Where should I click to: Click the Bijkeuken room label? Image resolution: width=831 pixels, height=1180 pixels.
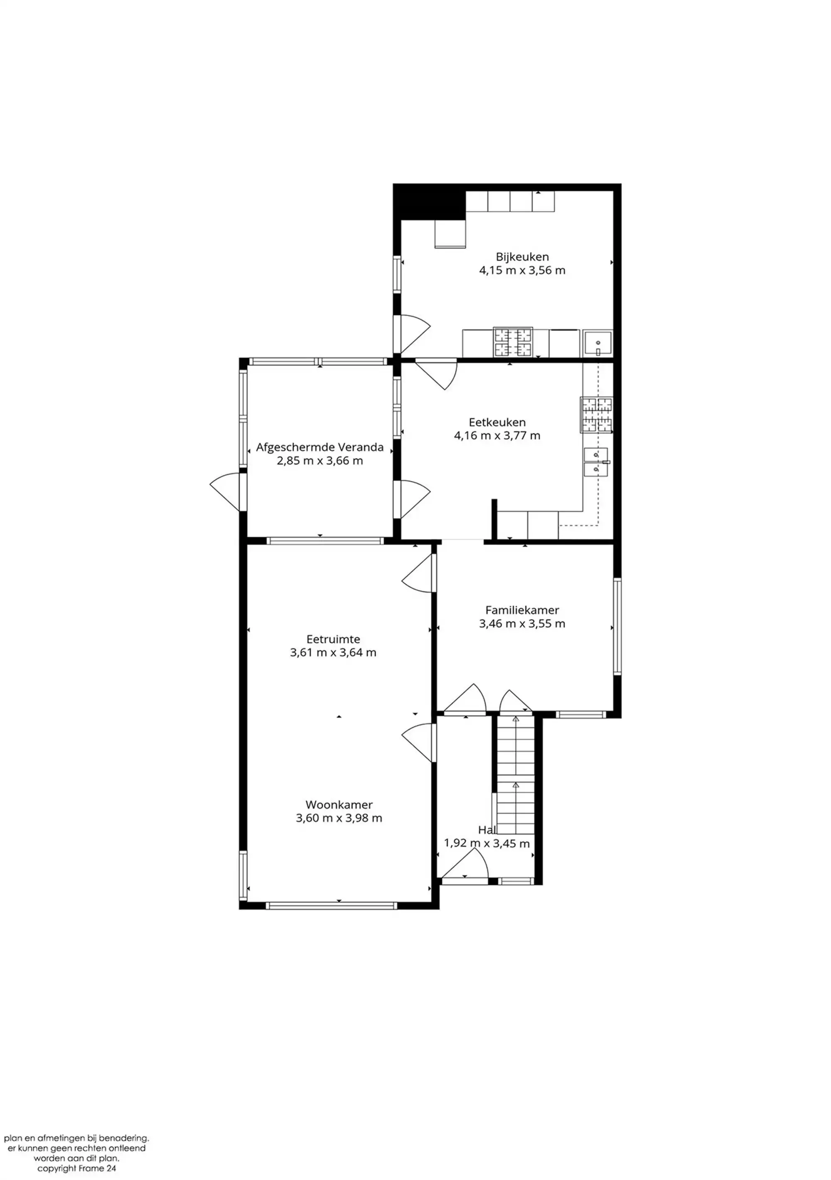coord(522,257)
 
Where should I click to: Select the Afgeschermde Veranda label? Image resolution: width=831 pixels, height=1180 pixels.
coord(320,447)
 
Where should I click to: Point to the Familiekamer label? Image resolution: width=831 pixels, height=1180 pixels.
coord(522,610)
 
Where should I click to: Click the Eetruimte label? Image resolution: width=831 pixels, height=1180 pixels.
coord(333,639)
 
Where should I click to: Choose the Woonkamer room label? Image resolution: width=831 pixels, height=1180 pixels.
coord(339,805)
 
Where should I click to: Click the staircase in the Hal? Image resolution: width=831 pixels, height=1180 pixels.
coord(515,776)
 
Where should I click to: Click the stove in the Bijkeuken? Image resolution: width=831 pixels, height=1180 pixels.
coord(513,342)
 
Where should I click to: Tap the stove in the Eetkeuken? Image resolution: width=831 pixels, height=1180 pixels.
coord(596,415)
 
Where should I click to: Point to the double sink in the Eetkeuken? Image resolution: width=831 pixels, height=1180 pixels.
coord(596,462)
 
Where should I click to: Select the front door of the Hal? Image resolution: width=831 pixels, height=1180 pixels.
coord(465,866)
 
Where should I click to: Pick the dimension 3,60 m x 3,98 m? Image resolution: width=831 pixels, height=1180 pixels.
coord(339,818)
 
